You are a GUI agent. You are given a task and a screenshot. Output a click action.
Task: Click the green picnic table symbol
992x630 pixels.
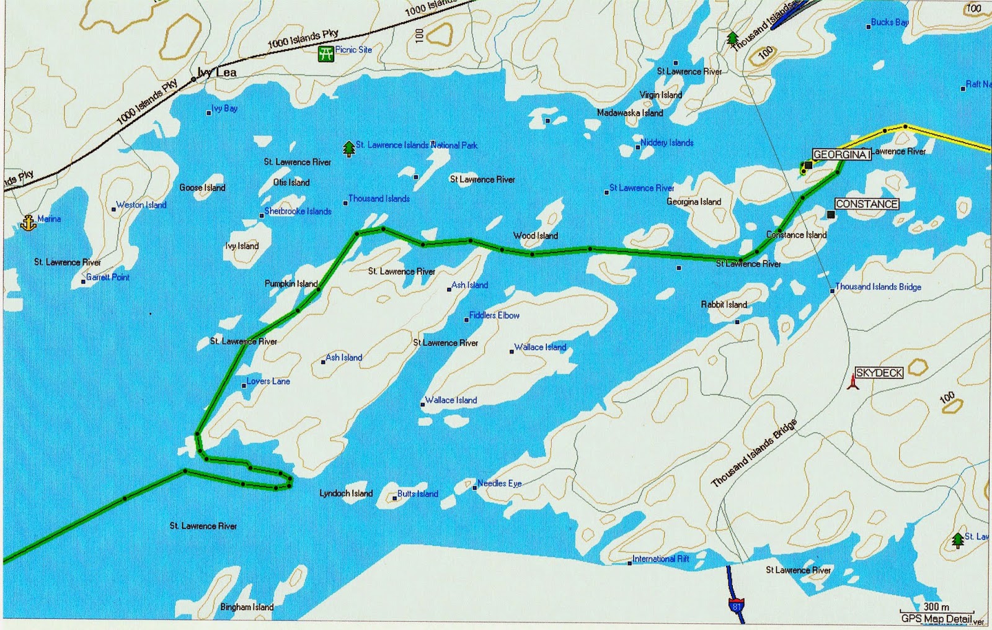(325, 53)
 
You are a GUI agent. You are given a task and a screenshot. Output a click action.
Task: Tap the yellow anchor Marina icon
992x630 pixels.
(29, 222)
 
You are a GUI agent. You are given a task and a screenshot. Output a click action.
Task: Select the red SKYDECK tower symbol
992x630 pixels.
(853, 381)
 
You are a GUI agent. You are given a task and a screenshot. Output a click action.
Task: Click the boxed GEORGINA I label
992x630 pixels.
(841, 155)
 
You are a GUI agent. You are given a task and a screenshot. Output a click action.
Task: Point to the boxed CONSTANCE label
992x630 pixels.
(866, 204)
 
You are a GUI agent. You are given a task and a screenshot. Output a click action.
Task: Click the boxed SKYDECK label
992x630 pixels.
(879, 373)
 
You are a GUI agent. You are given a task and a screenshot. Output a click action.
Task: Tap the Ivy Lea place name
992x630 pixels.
(217, 73)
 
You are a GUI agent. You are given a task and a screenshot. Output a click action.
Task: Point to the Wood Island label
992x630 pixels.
(536, 236)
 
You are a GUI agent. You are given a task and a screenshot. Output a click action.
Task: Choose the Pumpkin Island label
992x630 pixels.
(291, 284)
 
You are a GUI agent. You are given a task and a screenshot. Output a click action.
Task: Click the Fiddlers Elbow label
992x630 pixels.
(494, 315)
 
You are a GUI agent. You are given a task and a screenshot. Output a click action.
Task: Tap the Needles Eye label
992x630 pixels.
(499, 484)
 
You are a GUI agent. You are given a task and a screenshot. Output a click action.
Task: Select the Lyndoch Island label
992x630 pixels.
(346, 493)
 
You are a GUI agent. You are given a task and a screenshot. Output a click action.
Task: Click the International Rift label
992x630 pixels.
(660, 559)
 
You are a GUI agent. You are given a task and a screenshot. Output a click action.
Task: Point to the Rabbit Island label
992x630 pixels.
(724, 305)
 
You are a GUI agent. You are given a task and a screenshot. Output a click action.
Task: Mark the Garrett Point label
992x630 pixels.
(108, 277)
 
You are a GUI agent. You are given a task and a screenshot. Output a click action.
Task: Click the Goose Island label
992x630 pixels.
(202, 187)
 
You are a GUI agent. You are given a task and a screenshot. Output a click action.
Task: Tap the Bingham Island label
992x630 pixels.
(247, 607)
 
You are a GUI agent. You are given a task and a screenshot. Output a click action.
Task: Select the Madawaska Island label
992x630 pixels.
(630, 113)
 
